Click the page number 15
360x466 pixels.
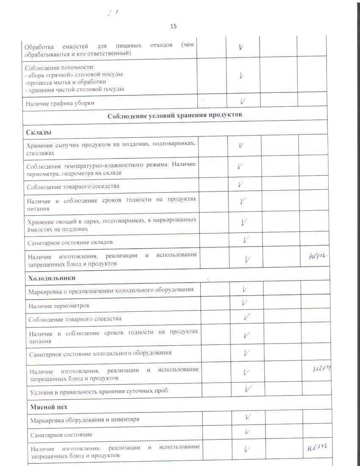click(173, 26)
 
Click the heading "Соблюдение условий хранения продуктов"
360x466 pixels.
click(174, 115)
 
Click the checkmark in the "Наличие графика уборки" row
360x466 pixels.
click(243, 102)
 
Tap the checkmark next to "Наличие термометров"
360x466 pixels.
click(244, 302)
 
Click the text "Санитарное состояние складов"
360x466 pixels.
click(70, 242)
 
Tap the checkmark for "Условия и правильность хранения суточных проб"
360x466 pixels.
click(248, 388)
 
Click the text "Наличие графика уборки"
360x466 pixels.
click(59, 103)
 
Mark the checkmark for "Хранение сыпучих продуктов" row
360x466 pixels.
click(241, 145)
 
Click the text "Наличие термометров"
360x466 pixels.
click(59, 305)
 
